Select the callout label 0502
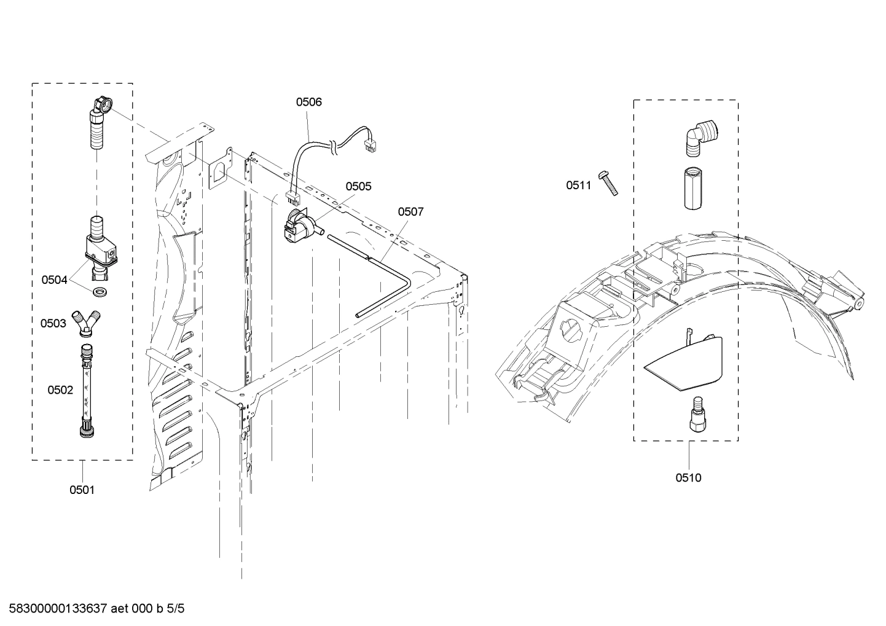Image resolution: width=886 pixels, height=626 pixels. [x=60, y=389]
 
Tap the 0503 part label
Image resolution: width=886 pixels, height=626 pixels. [x=53, y=323]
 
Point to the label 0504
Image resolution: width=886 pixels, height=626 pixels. [x=54, y=280]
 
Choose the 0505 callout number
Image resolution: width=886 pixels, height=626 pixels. [x=358, y=186]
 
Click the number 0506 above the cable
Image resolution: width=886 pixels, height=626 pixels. [x=308, y=102]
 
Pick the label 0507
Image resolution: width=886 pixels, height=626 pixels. [x=410, y=212]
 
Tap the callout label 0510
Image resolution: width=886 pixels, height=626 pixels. [x=688, y=477]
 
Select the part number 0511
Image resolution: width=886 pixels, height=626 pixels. [x=578, y=184]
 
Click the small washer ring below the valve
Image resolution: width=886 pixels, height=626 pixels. [x=99, y=289]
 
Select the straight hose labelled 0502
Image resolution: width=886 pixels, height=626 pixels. [x=87, y=391]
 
